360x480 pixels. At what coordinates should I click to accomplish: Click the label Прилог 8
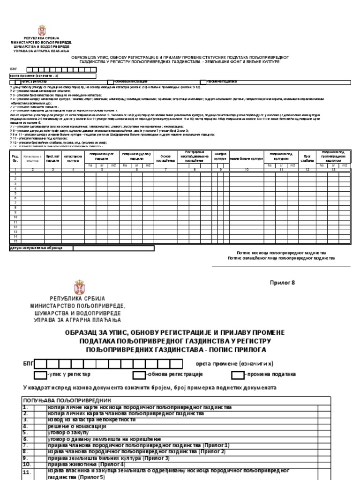[x=282, y=282]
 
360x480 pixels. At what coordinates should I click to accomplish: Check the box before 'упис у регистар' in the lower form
[x=39, y=375]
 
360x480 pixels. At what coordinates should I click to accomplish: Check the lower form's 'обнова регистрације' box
[x=139, y=375]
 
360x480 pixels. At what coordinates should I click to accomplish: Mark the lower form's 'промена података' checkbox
[x=238, y=375]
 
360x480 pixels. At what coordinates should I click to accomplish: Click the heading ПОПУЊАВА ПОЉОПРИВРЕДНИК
[x=67, y=401]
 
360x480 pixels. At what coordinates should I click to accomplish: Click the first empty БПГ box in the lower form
[x=40, y=364]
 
